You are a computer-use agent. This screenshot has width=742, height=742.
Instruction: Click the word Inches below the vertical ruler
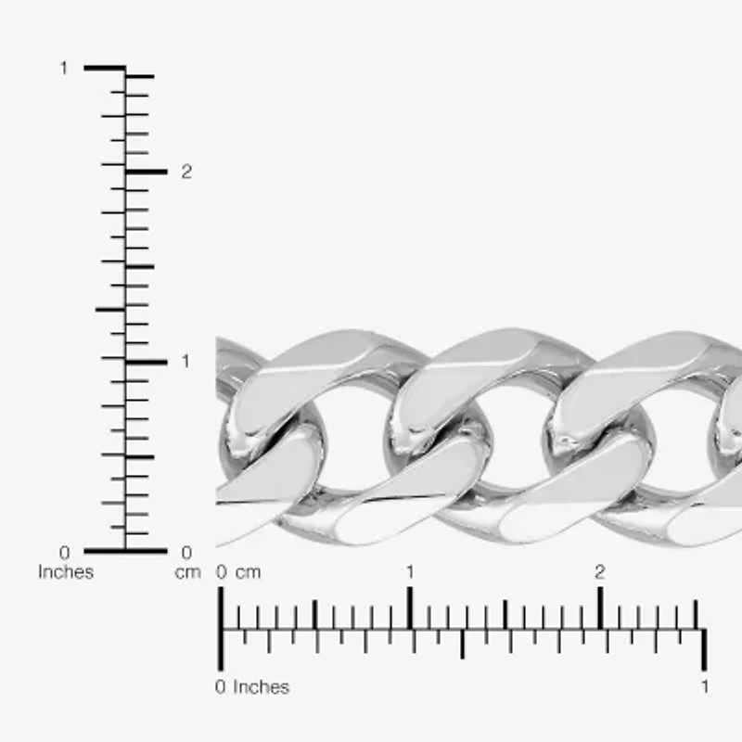(66, 572)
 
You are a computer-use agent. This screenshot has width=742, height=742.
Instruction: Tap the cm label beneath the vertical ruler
(187, 572)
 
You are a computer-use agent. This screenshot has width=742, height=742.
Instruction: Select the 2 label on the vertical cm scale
(186, 172)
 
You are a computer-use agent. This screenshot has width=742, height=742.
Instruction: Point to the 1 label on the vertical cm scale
(185, 361)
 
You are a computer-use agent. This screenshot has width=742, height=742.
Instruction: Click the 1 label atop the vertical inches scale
(64, 68)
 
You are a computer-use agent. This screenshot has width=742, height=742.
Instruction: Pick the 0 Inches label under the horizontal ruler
(252, 687)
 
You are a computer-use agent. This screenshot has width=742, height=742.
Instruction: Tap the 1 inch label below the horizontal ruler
(705, 687)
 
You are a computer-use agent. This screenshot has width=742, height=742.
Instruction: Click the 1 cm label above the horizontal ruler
(410, 572)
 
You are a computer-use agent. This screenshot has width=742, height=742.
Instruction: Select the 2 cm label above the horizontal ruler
(600, 572)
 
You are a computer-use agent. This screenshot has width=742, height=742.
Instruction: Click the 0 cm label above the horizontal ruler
(239, 572)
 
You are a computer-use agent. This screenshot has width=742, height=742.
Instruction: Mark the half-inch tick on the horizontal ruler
(463, 644)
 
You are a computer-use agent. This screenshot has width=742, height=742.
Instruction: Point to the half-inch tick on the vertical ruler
(109, 309)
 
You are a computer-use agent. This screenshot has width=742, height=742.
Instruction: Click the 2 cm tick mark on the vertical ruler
(147, 172)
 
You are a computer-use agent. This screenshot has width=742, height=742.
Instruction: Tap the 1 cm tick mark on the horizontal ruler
(410, 608)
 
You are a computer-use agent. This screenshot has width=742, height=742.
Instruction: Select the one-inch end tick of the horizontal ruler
(705, 648)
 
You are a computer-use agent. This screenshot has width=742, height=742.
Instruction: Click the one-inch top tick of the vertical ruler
(105, 68)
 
